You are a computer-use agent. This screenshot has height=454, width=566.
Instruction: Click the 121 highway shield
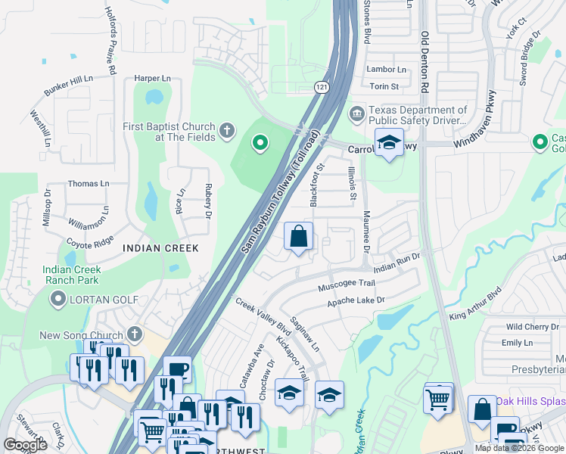coord(322,89)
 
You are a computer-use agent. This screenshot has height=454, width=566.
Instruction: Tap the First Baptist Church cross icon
coord(225,132)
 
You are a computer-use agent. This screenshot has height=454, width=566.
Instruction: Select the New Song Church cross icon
coord(135,334)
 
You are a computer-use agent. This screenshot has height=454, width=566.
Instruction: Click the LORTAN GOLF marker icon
coord(58,300)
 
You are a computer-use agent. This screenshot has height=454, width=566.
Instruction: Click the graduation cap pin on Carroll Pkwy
coord(389,143)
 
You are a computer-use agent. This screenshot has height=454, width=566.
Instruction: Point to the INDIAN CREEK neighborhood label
coord(160,248)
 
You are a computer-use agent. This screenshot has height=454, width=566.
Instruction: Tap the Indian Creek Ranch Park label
coord(72,275)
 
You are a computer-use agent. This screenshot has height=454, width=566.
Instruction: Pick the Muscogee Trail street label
coord(347,284)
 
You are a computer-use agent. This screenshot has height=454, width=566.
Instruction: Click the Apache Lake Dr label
coord(356,301)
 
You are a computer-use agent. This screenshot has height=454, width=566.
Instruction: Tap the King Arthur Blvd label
coord(475,304)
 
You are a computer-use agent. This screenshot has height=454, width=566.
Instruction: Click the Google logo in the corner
coord(25,444)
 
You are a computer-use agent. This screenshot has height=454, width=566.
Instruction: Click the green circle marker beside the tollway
coord(260,142)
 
